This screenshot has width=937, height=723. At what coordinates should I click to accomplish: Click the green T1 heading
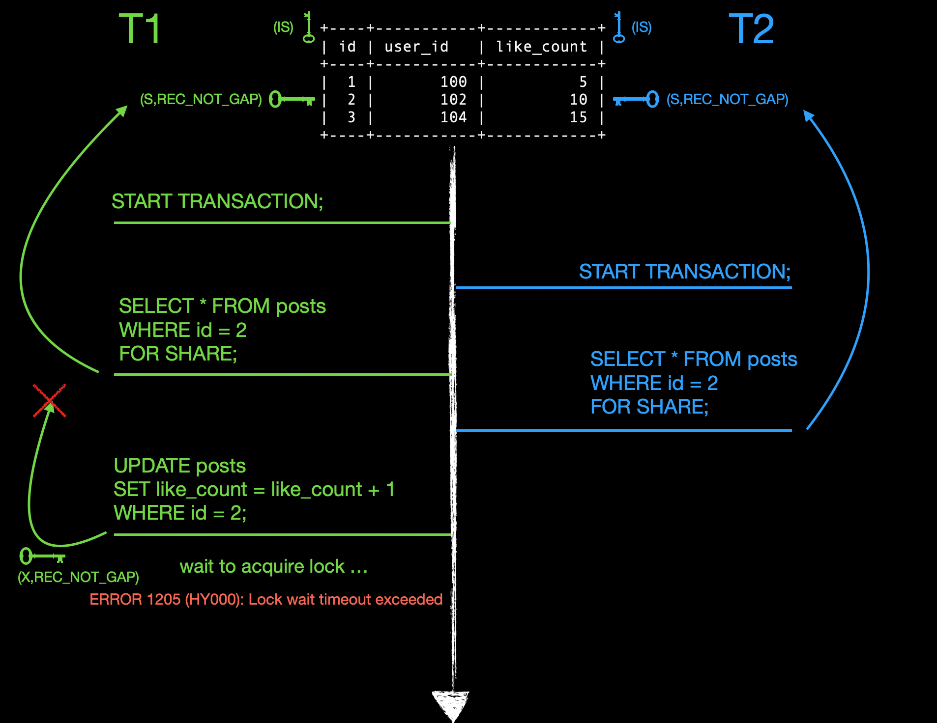pyautogui.click(x=140, y=29)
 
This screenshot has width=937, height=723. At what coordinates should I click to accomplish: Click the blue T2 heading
pyautogui.click(x=751, y=29)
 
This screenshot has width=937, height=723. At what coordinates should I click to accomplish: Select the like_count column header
pyautogui.click(x=541, y=47)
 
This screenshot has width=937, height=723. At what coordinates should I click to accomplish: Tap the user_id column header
pyautogui.click(x=416, y=47)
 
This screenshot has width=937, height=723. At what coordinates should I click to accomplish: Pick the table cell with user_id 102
pyautogui.click(x=453, y=100)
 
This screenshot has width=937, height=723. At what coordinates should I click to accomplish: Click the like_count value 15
pyautogui.click(x=578, y=117)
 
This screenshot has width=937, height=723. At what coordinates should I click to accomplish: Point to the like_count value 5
pyautogui.click(x=583, y=82)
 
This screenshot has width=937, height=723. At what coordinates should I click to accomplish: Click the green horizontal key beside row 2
pyautogui.click(x=292, y=99)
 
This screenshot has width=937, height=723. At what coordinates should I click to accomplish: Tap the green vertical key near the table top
pyautogui.click(x=308, y=28)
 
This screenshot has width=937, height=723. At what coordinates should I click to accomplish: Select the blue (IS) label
pyautogui.click(x=642, y=28)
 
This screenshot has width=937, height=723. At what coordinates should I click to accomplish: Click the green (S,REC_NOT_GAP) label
pyautogui.click(x=201, y=100)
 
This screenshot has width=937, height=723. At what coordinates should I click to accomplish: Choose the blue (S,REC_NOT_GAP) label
pyautogui.click(x=727, y=100)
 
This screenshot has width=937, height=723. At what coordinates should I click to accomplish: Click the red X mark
pyautogui.click(x=50, y=401)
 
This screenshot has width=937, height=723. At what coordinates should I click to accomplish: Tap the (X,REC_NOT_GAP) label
pyautogui.click(x=78, y=577)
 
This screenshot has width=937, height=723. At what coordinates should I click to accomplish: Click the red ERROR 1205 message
pyautogui.click(x=266, y=599)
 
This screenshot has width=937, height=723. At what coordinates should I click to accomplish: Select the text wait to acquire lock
pyautogui.click(x=273, y=566)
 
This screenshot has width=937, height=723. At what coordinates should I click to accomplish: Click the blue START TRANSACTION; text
pyautogui.click(x=684, y=272)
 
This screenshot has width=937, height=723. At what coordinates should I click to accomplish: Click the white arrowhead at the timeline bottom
pyautogui.click(x=451, y=703)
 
